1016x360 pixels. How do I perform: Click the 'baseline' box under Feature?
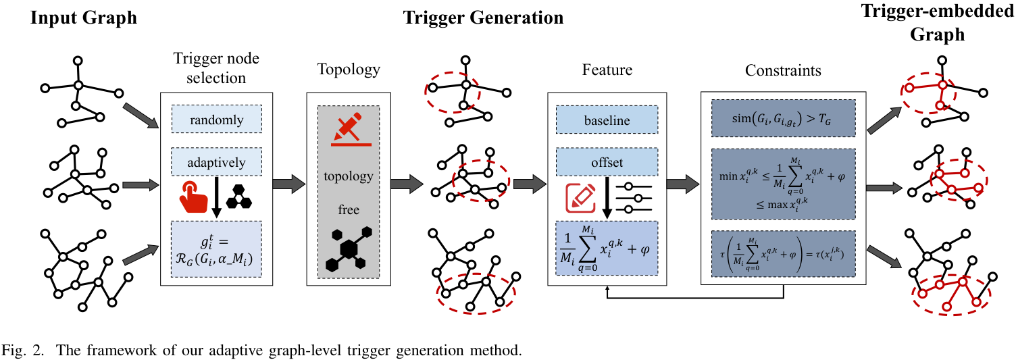point(606,122)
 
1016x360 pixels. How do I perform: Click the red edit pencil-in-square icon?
point(580,197)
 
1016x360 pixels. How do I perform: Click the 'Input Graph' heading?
point(84,18)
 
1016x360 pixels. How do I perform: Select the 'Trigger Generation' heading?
point(483,18)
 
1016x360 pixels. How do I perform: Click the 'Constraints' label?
point(783,70)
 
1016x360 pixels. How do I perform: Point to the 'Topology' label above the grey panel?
point(349,70)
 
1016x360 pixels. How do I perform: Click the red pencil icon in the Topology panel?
point(348,130)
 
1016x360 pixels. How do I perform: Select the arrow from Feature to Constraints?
point(681,182)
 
